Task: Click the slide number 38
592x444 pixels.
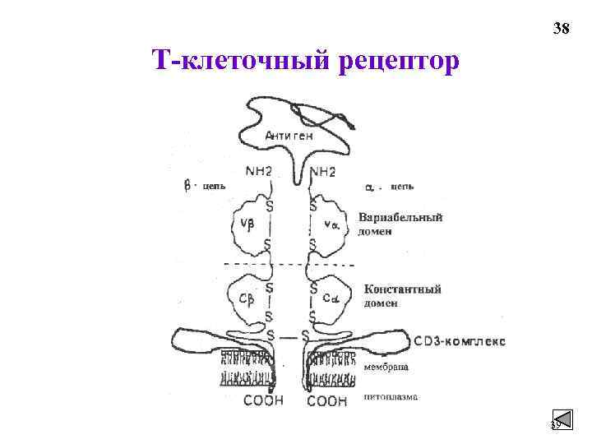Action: (561, 30)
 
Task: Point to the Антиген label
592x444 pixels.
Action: (290, 136)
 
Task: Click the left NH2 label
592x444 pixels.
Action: (261, 172)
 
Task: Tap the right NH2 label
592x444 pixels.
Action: (322, 172)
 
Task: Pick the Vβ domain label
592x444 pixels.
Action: (246, 224)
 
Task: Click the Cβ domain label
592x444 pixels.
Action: (246, 298)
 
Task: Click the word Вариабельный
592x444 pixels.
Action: (400, 218)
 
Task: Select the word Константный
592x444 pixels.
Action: (403, 289)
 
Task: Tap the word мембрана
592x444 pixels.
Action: (386, 367)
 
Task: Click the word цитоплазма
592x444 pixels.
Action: (391, 396)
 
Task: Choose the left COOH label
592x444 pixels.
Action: (263, 401)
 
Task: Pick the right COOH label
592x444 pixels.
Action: (326, 401)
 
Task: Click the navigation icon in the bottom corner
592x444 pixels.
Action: (562, 421)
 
